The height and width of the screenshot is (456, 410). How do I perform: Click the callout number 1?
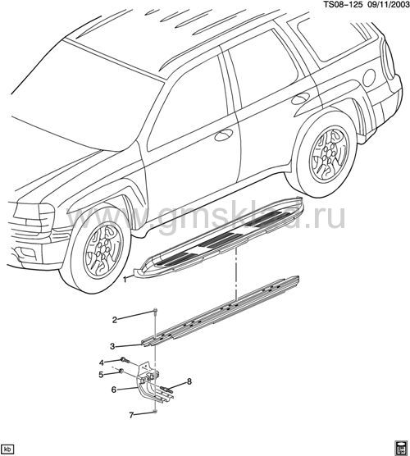coord(125,280)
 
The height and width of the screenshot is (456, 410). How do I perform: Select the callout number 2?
coord(115,320)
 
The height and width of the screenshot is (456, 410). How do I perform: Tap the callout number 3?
coord(112,346)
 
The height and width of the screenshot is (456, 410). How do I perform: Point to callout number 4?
coord(101,363)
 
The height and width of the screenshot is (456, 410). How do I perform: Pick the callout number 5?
coord(101,375)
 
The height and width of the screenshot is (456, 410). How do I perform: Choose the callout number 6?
coord(113,390)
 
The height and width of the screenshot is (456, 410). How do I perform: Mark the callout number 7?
coord(131,416)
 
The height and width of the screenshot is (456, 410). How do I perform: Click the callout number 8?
coord(189,381)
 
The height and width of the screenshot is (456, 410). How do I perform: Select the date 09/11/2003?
coord(386,5)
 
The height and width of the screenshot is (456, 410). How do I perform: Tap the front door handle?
coord(223,135)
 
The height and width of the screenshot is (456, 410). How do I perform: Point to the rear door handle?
coord(300,98)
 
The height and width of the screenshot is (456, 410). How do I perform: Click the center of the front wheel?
coord(103,249)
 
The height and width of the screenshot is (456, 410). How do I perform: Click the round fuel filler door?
coord(369,78)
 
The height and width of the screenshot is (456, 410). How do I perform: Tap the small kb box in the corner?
coord(7,448)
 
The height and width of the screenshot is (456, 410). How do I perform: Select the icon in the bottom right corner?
coord(400,448)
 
